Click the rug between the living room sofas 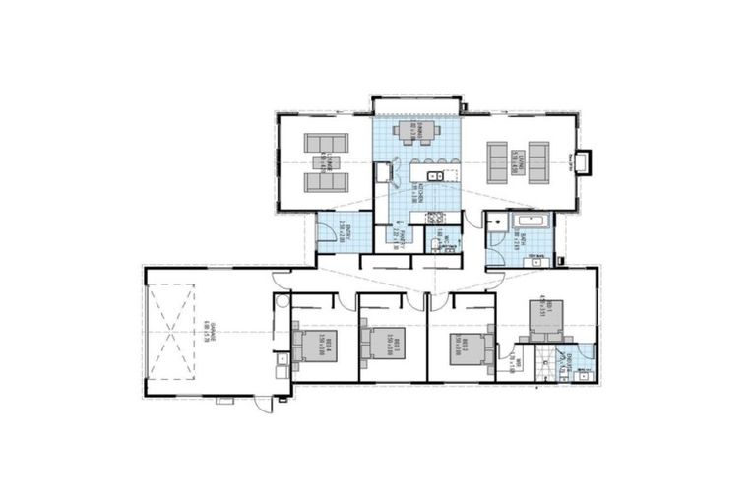click(x=526, y=160)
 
